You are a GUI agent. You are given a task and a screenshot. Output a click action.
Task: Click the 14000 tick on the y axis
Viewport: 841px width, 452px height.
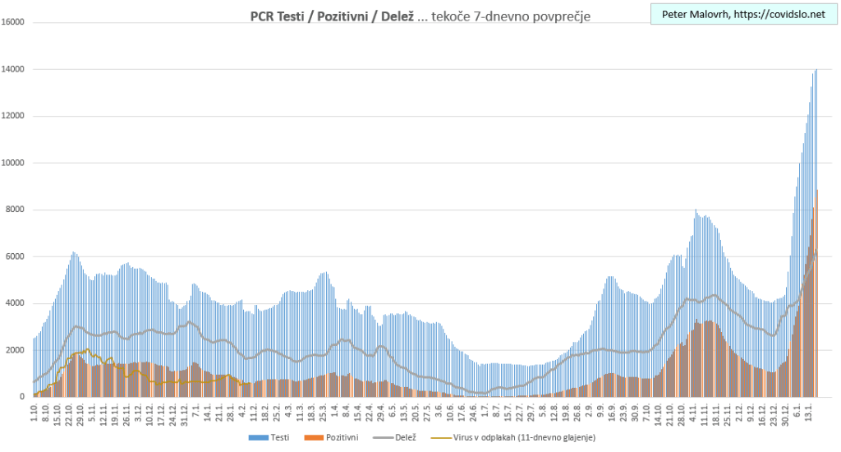click(14, 69)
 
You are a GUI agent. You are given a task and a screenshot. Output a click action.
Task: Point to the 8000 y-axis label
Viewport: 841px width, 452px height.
click(16, 210)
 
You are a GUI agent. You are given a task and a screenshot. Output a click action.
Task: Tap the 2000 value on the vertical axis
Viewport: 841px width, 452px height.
click(16, 350)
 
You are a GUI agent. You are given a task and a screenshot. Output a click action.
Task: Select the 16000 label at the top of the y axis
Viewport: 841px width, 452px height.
click(14, 22)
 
